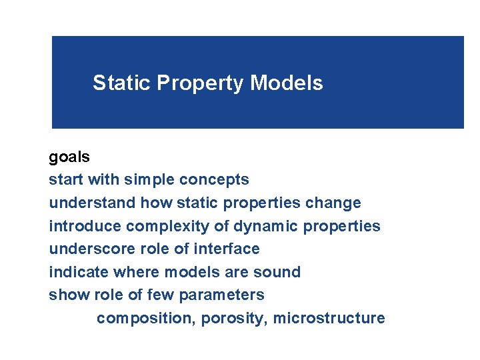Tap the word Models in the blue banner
pos(287,83)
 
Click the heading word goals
pos(69,157)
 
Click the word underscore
pos(88,249)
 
